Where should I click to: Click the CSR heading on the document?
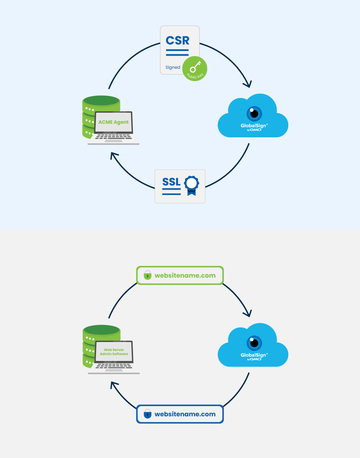[177, 41]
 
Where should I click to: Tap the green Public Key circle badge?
[195, 69]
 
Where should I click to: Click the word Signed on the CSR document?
[173, 67]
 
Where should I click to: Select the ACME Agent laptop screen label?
[113, 122]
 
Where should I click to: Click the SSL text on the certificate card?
[171, 182]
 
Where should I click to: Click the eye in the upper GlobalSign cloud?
[254, 113]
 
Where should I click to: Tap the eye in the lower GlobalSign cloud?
[254, 343]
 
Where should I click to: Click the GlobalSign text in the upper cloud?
[254, 126]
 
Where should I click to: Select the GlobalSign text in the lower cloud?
[254, 355]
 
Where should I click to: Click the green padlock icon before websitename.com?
[147, 275]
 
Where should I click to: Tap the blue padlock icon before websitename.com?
[147, 414]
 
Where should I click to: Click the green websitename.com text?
[185, 276]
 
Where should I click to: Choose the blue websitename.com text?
[185, 414]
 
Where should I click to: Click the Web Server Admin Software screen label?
[114, 352]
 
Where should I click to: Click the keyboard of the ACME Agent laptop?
[113, 137]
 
